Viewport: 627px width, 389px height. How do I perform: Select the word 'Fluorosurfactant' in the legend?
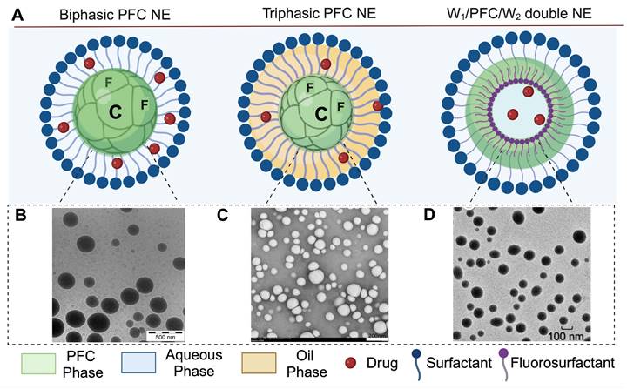573,361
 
